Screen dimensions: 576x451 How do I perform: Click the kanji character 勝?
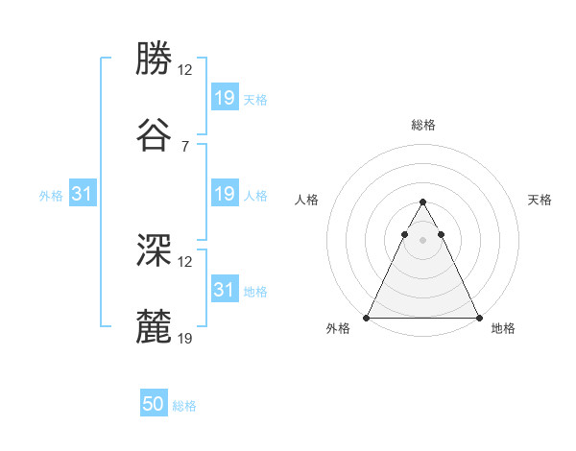(x=154, y=59)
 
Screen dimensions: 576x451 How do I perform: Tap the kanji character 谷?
(x=154, y=134)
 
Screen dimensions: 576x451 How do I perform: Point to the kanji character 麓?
(x=154, y=326)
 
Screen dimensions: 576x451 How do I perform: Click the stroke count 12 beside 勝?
(x=185, y=70)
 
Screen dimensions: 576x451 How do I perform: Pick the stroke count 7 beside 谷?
(x=185, y=146)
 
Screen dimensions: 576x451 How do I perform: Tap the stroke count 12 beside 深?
(x=185, y=261)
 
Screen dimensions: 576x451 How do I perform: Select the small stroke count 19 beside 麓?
(x=185, y=338)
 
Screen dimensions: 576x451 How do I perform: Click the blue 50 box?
(x=154, y=404)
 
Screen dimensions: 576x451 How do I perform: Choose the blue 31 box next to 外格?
(x=82, y=195)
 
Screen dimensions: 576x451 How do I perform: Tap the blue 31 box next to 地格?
(x=224, y=290)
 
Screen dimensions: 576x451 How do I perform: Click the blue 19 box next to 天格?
(x=224, y=98)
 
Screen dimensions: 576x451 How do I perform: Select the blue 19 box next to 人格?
(x=224, y=195)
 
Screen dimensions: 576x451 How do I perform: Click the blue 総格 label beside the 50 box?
(x=184, y=406)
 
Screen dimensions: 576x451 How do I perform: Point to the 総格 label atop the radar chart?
(x=422, y=125)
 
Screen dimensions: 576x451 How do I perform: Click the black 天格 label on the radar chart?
(x=540, y=200)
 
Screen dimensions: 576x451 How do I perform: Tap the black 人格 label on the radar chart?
(x=307, y=200)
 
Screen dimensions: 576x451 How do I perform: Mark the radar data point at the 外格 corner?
(x=367, y=317)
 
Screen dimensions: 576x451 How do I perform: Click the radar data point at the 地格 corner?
(x=478, y=317)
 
